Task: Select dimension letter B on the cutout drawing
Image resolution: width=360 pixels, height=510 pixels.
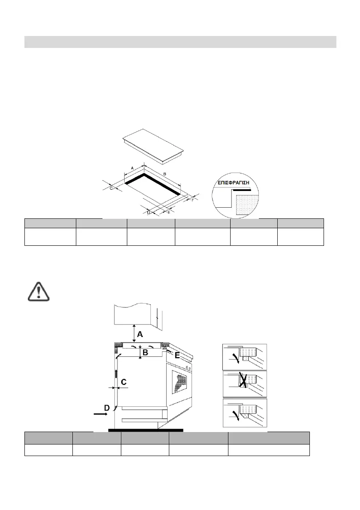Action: (x=165, y=173)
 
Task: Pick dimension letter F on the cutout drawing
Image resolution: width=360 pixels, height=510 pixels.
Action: (x=193, y=200)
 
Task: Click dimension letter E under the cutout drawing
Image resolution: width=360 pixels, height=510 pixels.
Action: (x=169, y=212)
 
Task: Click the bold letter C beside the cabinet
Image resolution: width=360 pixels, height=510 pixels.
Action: (x=123, y=382)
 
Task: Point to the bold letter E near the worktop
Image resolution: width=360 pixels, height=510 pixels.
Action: (x=177, y=355)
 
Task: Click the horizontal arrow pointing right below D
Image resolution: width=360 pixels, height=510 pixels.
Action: (x=101, y=415)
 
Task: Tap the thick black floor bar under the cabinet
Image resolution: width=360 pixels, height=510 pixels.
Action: (x=146, y=429)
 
